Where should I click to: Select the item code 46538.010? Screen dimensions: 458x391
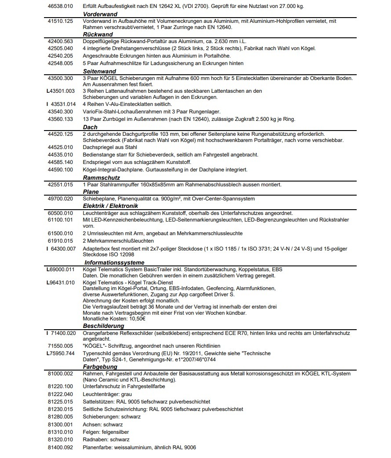(x=60, y=7)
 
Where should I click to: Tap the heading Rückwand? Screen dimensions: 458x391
(x=98, y=34)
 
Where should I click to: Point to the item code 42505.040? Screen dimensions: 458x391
(x=60, y=48)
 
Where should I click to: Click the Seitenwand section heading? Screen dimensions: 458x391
(x=99, y=71)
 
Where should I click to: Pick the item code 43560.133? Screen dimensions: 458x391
(x=60, y=120)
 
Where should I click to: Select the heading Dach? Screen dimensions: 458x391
(x=90, y=127)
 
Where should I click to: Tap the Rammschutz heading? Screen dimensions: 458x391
(x=102, y=178)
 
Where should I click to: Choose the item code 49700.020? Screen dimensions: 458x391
(x=60, y=199)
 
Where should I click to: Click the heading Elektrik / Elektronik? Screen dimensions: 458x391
(x=110, y=206)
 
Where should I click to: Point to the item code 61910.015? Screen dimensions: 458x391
(x=60, y=241)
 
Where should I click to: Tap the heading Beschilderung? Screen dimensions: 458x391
(x=103, y=326)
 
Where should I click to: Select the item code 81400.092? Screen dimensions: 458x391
(x=60, y=447)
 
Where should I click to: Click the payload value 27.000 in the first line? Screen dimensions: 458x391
(x=285, y=7)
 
